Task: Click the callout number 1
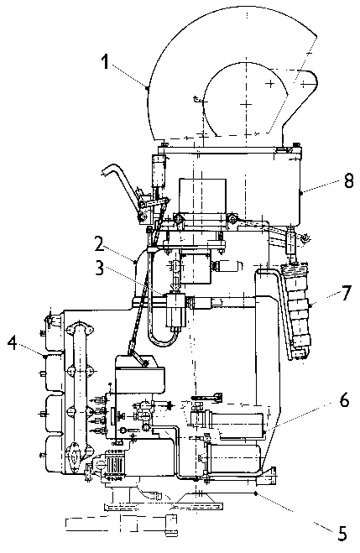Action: (x=105, y=62)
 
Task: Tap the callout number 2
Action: (x=100, y=244)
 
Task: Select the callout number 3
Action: (x=99, y=268)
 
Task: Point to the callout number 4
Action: (x=13, y=343)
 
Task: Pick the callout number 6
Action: (x=345, y=400)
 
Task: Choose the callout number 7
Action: (x=347, y=292)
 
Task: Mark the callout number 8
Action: (x=348, y=181)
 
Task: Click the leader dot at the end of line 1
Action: (x=148, y=87)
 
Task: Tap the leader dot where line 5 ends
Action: (x=256, y=493)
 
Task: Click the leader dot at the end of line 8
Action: (x=300, y=193)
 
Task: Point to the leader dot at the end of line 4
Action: (x=46, y=357)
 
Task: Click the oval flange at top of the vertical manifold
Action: (x=80, y=329)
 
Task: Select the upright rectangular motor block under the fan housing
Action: (x=202, y=196)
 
